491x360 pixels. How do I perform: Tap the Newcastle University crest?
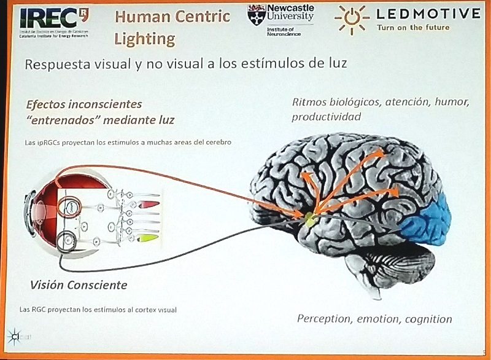(x=256, y=15)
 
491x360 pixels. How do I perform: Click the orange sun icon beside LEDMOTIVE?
(x=351, y=19)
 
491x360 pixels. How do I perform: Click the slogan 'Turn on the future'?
(x=413, y=27)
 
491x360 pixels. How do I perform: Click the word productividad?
(x=326, y=117)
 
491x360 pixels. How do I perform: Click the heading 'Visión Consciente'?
(x=79, y=285)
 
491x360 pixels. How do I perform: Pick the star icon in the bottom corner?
(x=14, y=336)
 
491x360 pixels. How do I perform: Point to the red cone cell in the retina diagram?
(x=149, y=203)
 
